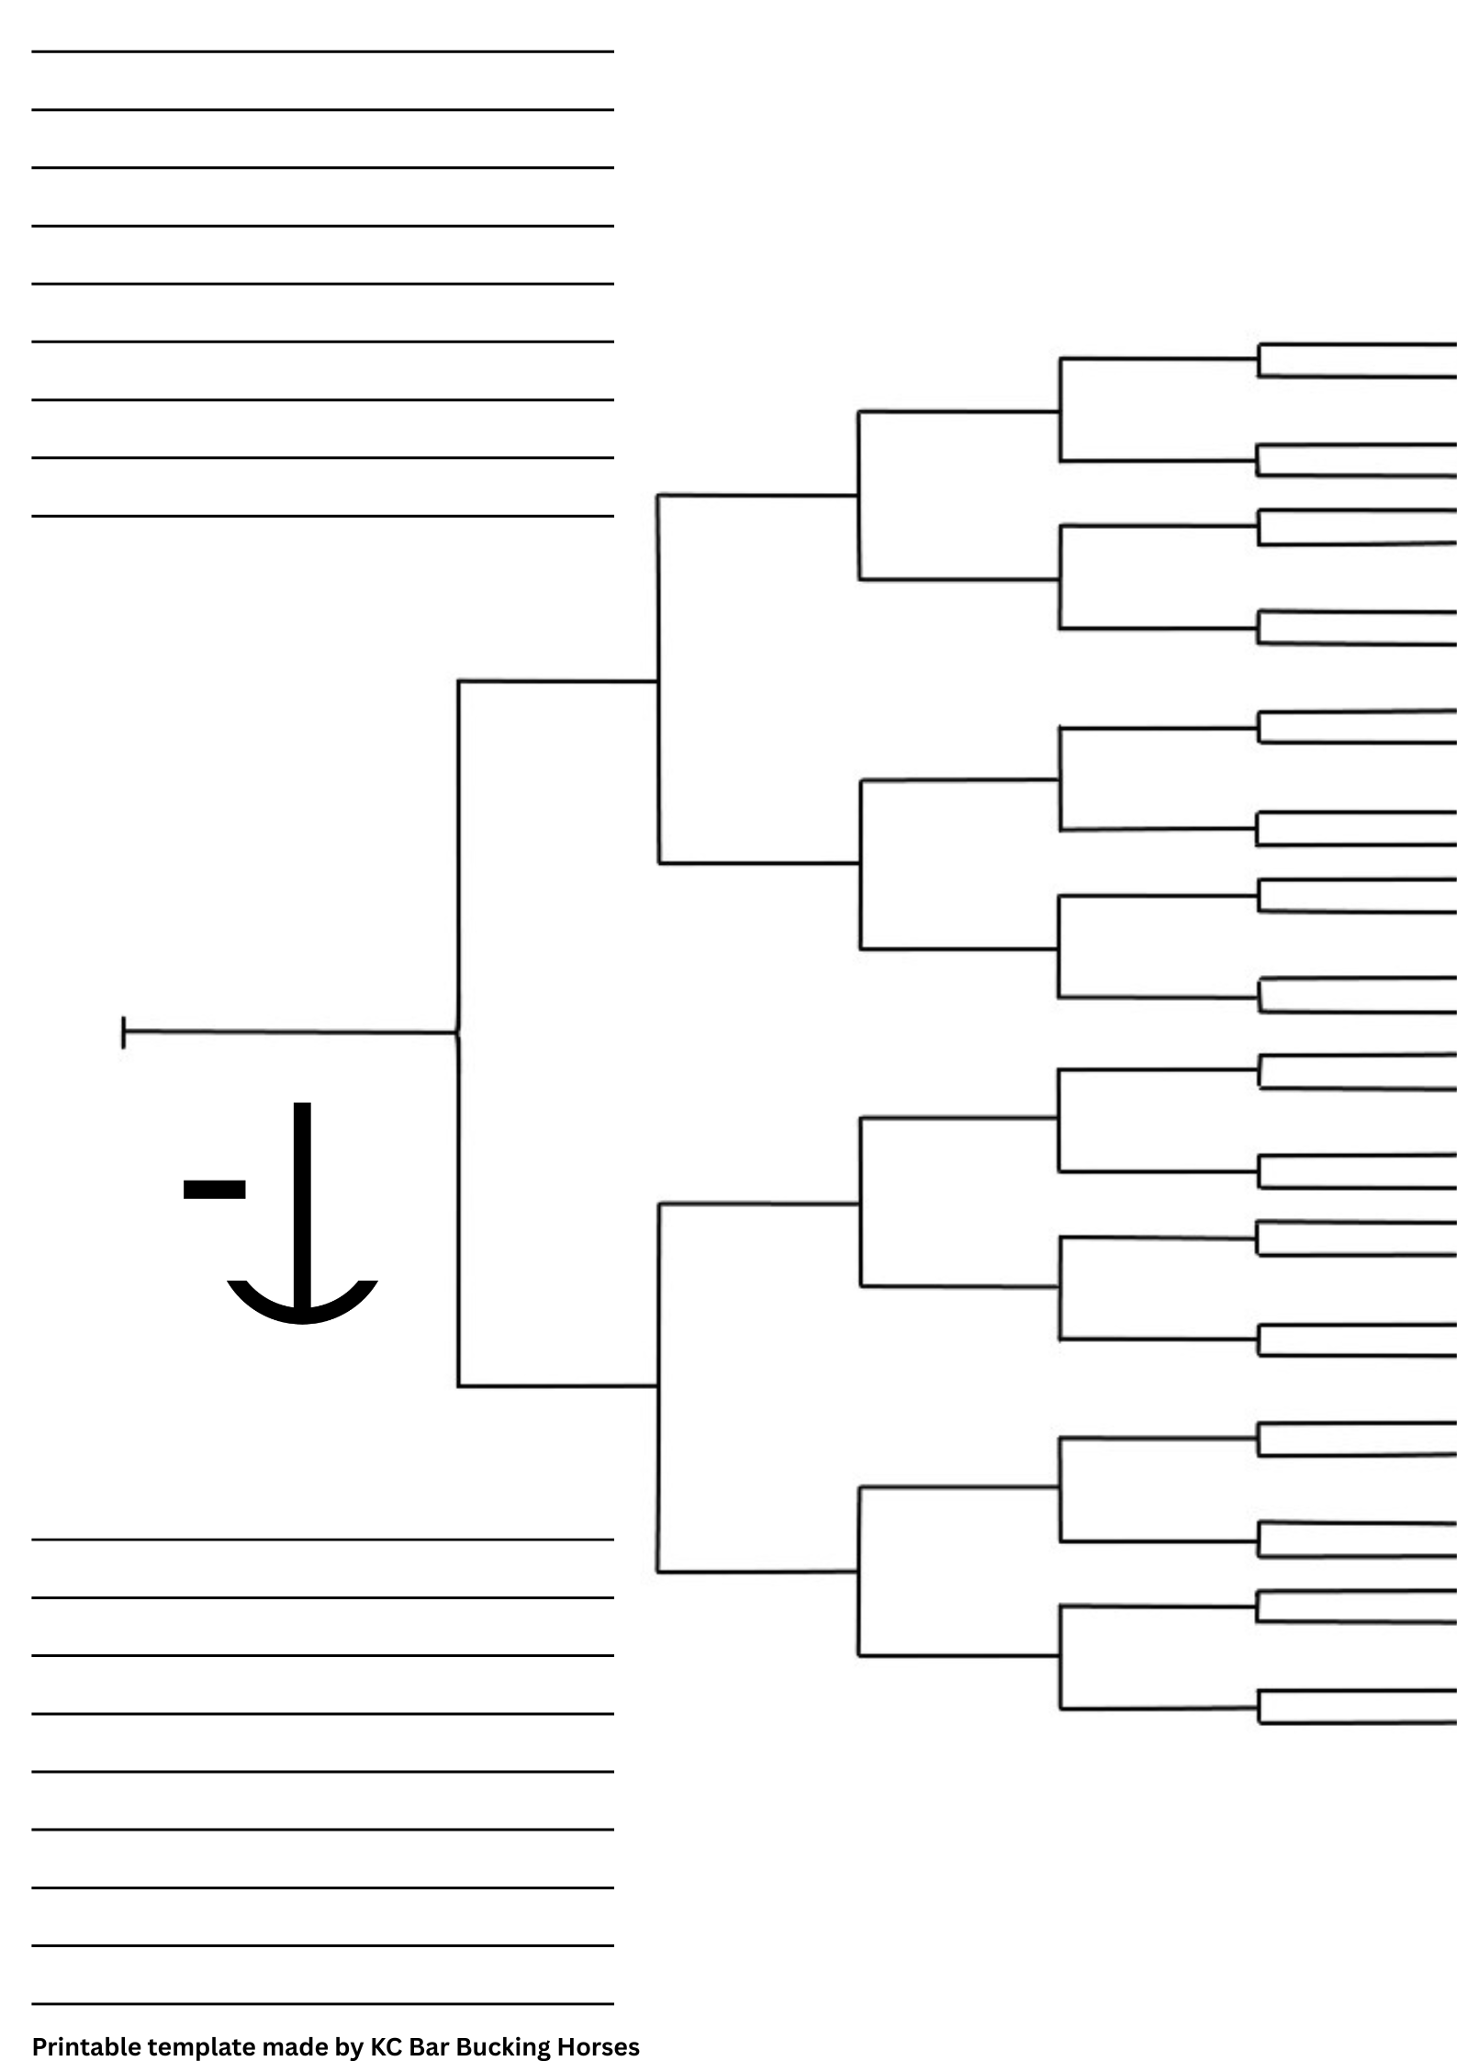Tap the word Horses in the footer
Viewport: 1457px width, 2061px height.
(x=597, y=2046)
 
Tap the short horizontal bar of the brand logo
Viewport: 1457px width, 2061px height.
(x=214, y=1189)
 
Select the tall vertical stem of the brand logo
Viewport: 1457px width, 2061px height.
(x=302, y=1193)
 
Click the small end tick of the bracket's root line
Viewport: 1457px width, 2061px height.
(x=123, y=1032)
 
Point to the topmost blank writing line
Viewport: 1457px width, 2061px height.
(x=322, y=51)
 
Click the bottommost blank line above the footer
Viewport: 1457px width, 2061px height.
(x=322, y=2003)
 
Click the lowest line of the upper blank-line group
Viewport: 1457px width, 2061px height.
(x=322, y=516)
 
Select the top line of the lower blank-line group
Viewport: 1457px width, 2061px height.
(x=322, y=1540)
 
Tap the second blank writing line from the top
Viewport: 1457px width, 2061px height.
(x=322, y=109)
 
